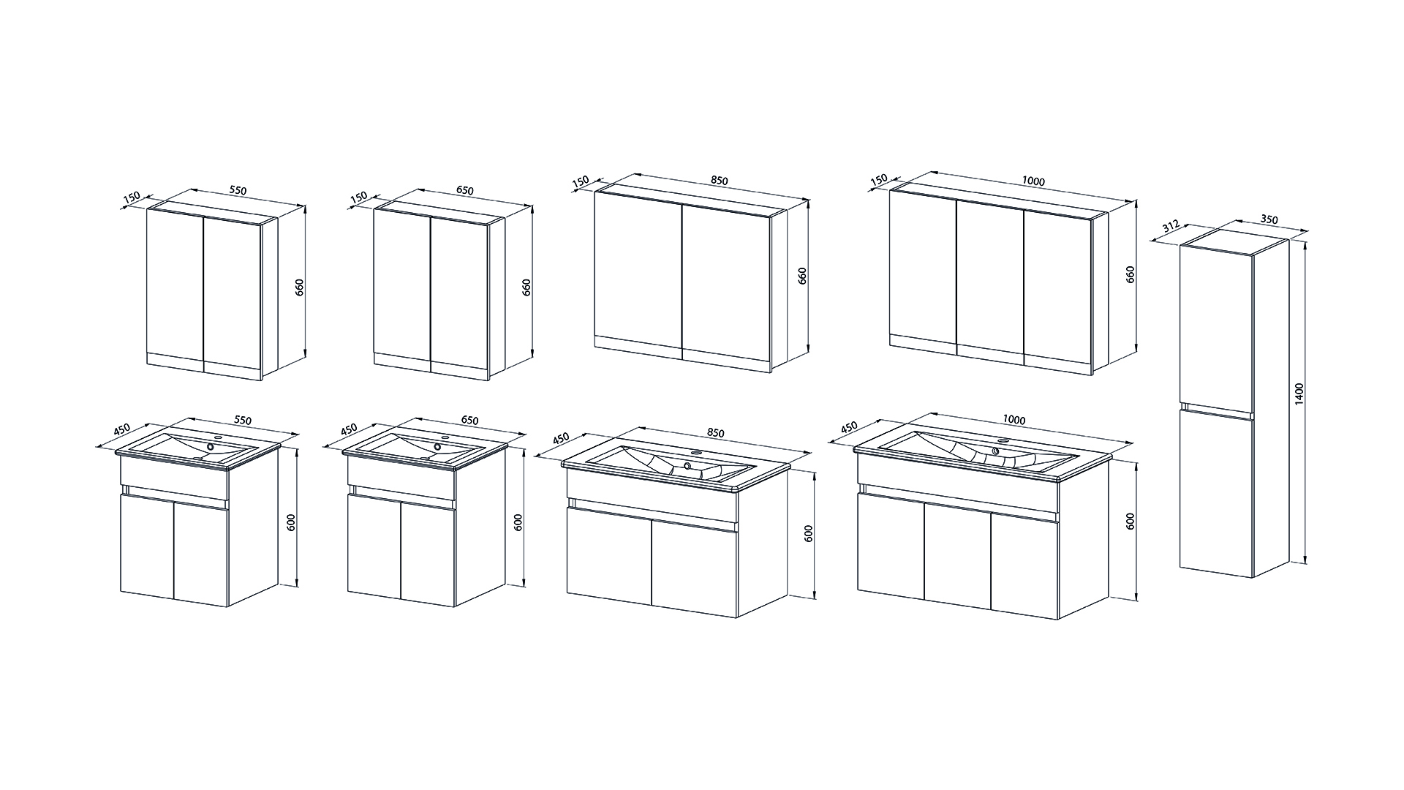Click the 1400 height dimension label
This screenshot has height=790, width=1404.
pyautogui.click(x=1299, y=395)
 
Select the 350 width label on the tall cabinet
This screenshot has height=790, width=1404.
pyautogui.click(x=1269, y=219)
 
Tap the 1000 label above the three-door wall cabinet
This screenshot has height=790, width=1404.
pyautogui.click(x=1034, y=181)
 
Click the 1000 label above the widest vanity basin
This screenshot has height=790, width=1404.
pyautogui.click(x=1014, y=420)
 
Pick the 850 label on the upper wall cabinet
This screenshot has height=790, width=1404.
pyautogui.click(x=720, y=181)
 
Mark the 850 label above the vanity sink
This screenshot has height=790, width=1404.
pyautogui.click(x=715, y=433)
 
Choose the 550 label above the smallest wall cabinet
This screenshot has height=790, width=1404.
pyautogui.click(x=238, y=190)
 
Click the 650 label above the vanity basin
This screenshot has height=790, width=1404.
pyautogui.click(x=469, y=421)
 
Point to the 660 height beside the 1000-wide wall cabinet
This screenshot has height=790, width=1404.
pyautogui.click(x=1131, y=275)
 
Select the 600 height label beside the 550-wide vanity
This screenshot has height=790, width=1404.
pyautogui.click(x=291, y=522)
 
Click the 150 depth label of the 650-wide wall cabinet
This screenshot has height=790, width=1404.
pyautogui.click(x=358, y=198)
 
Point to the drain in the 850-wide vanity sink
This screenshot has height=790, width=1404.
pyautogui.click(x=687, y=465)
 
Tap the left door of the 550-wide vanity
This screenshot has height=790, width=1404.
pyautogui.click(x=146, y=545)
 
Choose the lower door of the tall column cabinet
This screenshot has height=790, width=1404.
pyautogui.click(x=1216, y=492)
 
